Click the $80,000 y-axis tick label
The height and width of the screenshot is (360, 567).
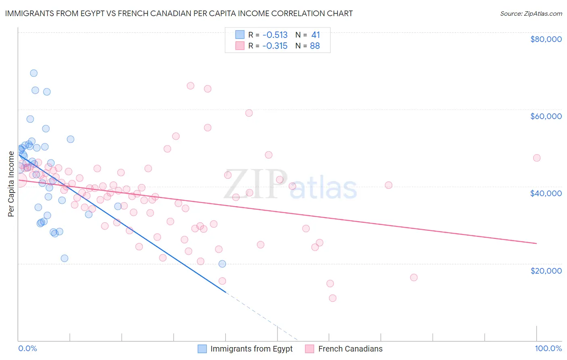(x=546, y=39)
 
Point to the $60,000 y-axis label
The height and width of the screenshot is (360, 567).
(x=546, y=116)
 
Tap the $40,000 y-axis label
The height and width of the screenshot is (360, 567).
(x=546, y=193)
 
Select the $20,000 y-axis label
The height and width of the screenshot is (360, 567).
(x=546, y=270)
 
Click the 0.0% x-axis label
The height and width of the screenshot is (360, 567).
(x=27, y=348)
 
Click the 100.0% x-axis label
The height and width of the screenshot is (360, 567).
(x=548, y=348)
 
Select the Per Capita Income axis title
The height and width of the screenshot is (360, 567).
(x=11, y=184)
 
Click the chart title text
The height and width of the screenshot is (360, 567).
(x=179, y=14)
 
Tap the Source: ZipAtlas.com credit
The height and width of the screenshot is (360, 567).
(x=531, y=14)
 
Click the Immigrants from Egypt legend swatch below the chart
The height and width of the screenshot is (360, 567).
(x=202, y=349)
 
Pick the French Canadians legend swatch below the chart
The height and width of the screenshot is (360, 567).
(x=310, y=349)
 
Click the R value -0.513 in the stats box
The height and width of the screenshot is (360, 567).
(x=275, y=35)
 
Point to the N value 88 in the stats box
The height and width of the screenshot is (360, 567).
(x=315, y=46)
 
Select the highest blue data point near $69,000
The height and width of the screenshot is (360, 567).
(x=34, y=73)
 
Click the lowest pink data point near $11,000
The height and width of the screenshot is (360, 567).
(x=333, y=298)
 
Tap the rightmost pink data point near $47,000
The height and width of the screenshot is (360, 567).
(x=537, y=158)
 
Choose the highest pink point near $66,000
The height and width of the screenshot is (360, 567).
(x=191, y=86)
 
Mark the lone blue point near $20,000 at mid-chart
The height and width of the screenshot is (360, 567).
(x=222, y=264)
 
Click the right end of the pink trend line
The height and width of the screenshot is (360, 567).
(x=536, y=243)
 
